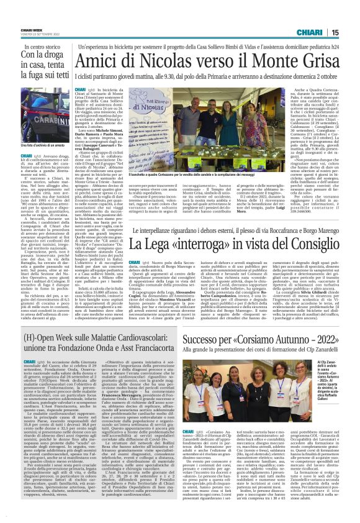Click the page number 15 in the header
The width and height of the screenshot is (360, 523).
pyautogui.click(x=351, y=32)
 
